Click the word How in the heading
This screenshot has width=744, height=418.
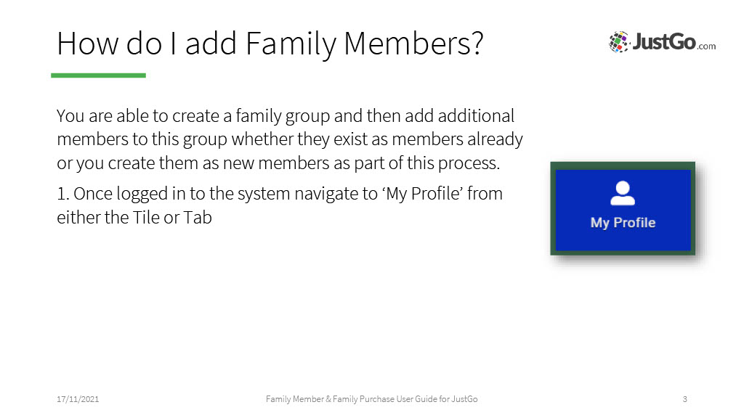click(x=88, y=44)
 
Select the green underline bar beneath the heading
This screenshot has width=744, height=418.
click(x=98, y=75)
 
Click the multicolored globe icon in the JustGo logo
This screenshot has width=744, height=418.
click(x=619, y=41)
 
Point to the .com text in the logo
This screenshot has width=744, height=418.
click(x=706, y=46)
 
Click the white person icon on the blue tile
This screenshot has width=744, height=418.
click(x=623, y=193)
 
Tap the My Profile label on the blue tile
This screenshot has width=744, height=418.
click(x=623, y=223)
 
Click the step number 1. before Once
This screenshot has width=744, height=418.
click(x=63, y=194)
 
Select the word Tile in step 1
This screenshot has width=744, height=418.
click(x=146, y=218)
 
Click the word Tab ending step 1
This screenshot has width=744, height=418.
click(x=198, y=218)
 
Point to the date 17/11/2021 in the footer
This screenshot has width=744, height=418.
click(x=78, y=399)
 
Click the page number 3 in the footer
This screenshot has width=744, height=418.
click(x=684, y=399)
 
